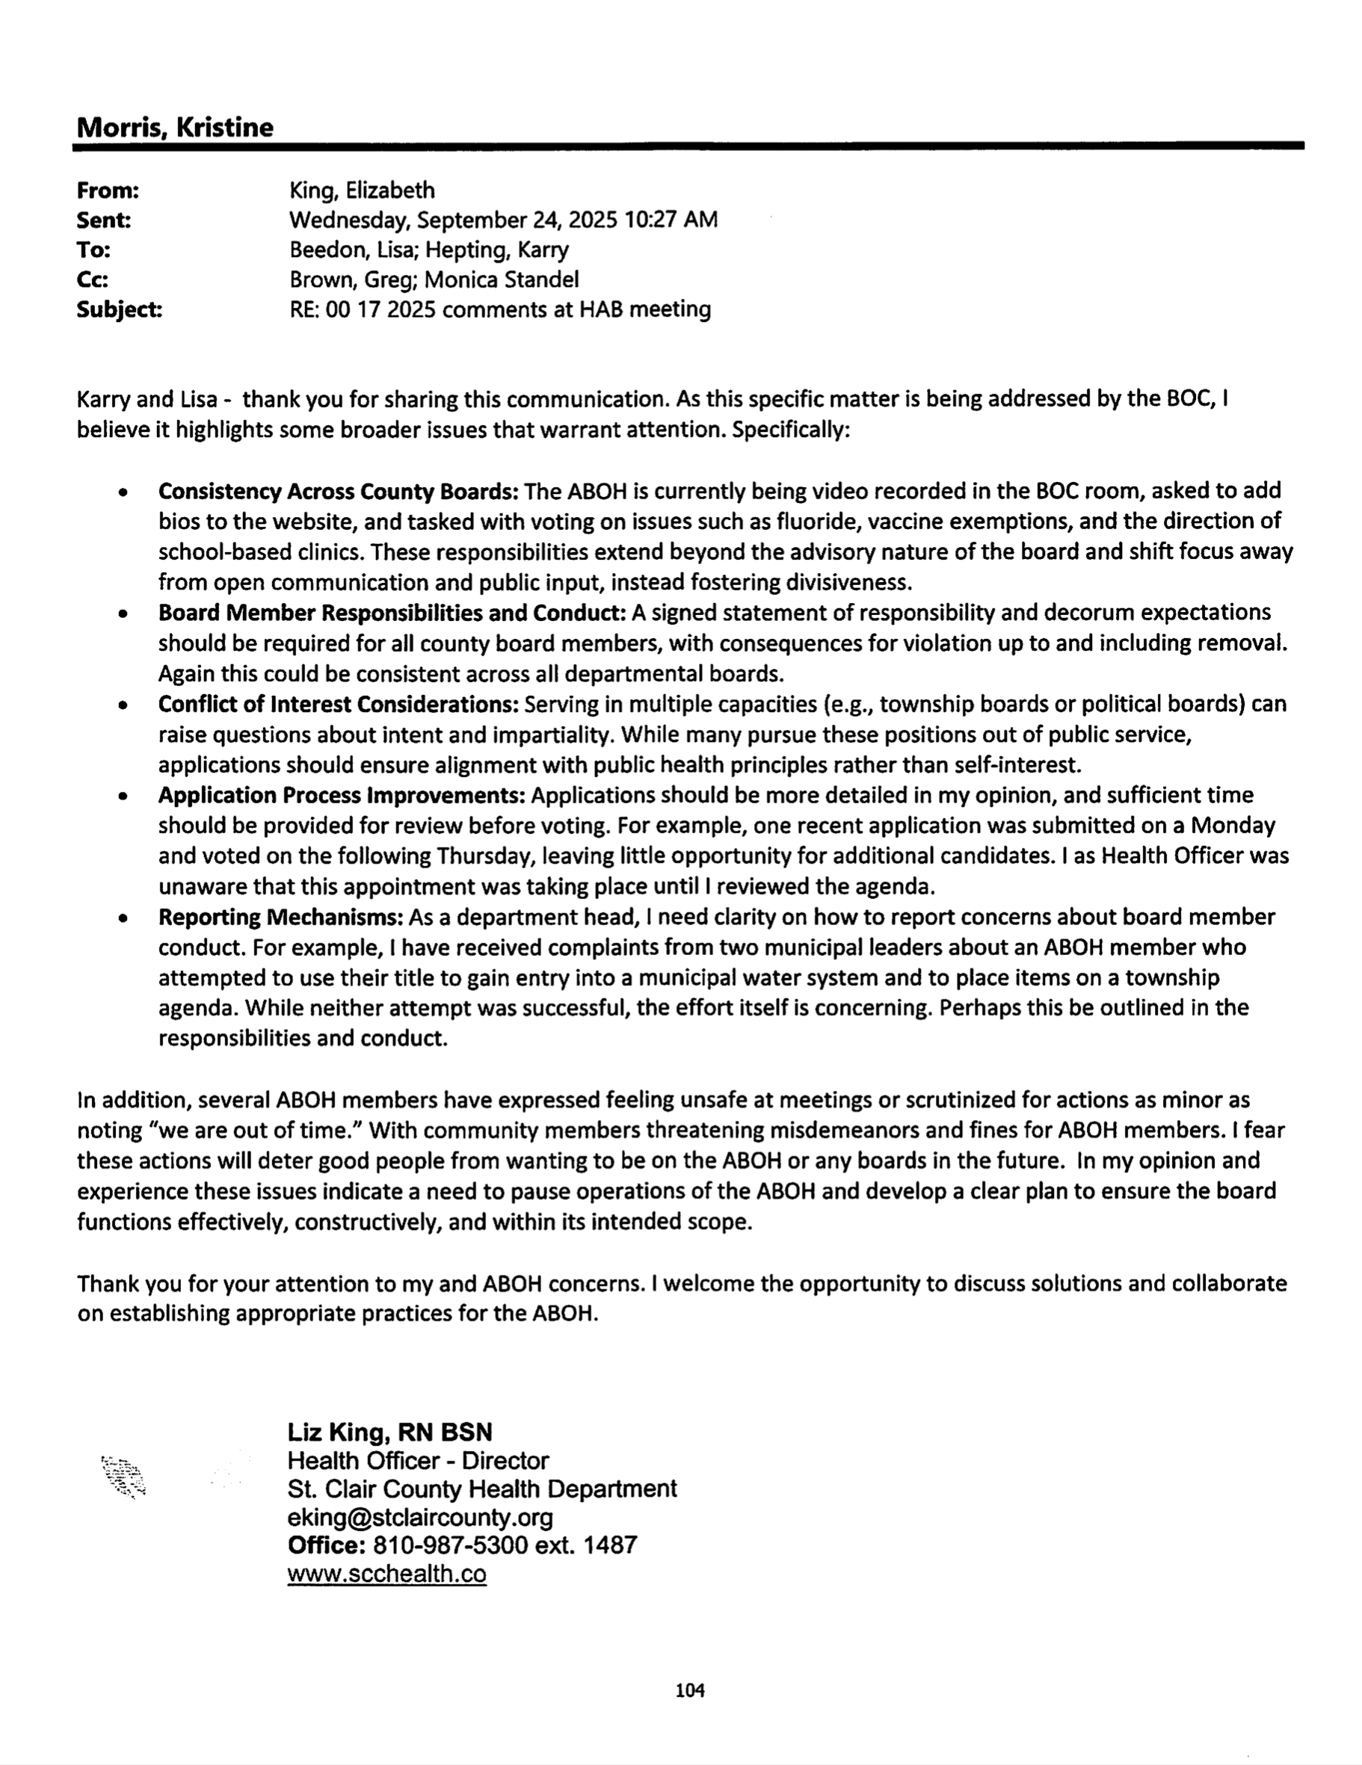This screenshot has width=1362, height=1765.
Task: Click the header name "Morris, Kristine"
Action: point(175,128)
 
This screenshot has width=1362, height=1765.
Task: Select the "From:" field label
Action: point(108,191)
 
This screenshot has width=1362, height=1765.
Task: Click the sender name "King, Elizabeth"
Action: point(361,191)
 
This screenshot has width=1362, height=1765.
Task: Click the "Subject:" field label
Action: point(119,309)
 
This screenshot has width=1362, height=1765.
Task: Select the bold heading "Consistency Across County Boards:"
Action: point(338,492)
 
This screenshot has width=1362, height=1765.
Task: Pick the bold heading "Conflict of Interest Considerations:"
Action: point(338,705)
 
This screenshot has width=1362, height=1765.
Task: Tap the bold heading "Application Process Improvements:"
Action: point(342,795)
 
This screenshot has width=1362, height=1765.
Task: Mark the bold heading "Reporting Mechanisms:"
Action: point(280,918)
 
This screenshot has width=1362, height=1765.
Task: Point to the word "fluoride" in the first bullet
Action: point(817,522)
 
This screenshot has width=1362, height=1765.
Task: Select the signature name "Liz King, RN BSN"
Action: point(389,1432)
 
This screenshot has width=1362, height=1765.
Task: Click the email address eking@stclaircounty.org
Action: point(419,1517)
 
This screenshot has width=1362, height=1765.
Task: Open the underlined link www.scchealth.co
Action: point(386,1574)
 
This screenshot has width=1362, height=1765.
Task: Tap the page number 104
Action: point(689,1690)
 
